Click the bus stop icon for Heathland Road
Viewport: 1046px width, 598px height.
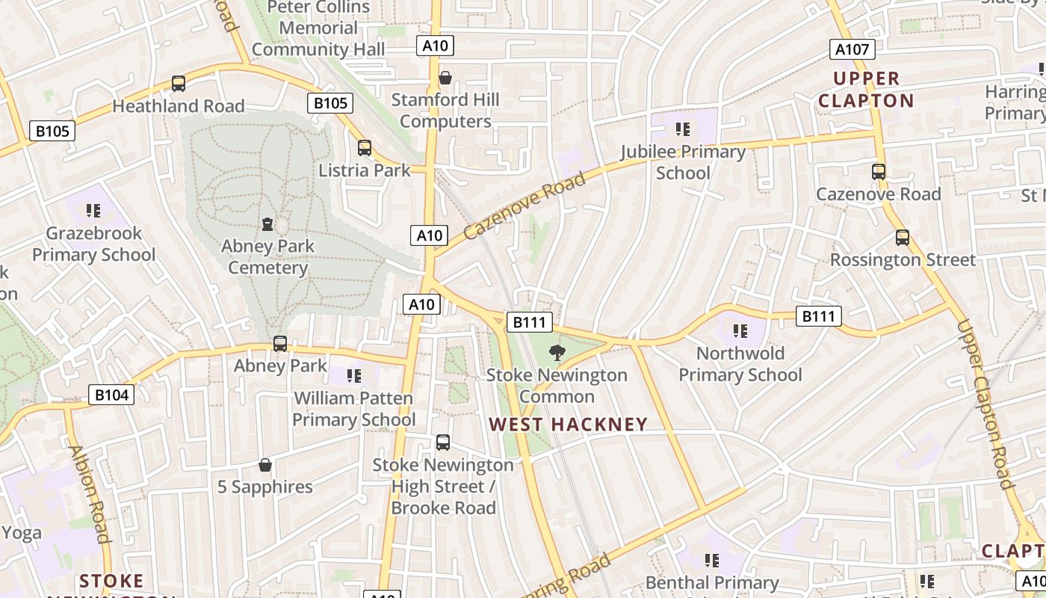(x=179, y=84)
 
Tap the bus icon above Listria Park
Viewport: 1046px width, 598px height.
(x=365, y=148)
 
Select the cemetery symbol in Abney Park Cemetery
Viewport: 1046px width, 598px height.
(x=267, y=224)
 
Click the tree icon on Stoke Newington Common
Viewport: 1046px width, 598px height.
(x=557, y=353)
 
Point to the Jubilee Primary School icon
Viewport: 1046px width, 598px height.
(x=682, y=129)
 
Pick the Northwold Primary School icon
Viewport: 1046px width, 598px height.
(x=740, y=330)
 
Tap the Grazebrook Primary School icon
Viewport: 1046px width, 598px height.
(x=93, y=211)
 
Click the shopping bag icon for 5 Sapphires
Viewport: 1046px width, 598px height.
(x=264, y=465)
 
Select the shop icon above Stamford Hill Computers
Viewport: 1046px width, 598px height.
(x=445, y=78)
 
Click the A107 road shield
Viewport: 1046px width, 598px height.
(x=852, y=50)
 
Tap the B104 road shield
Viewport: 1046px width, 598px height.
(x=111, y=395)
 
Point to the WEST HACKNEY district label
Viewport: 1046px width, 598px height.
(x=568, y=425)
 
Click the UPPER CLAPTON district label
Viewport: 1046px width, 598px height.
(x=866, y=90)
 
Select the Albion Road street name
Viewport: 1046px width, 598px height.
(x=89, y=493)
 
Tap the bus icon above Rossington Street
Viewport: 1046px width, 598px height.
(x=903, y=238)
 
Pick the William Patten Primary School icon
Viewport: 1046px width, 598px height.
(x=354, y=375)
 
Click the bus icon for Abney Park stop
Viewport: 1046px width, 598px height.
(x=280, y=344)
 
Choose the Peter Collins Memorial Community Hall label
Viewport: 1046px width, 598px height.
(x=318, y=28)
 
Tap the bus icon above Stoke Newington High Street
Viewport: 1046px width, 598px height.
(x=443, y=443)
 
